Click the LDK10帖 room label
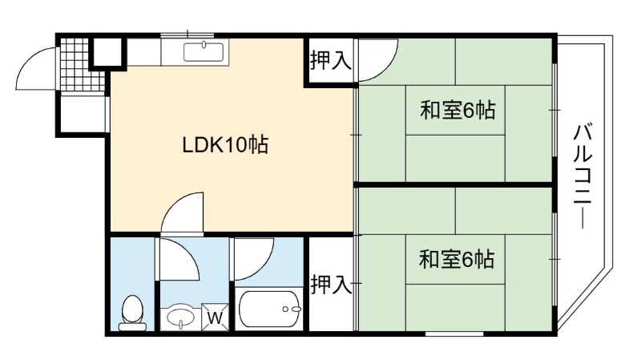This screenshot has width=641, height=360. (x=225, y=145)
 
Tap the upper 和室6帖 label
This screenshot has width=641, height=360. (x=458, y=111)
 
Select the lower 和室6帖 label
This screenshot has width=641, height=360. (x=457, y=259)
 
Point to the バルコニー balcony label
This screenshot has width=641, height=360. (x=583, y=176)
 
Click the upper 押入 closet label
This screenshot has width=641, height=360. (x=331, y=61)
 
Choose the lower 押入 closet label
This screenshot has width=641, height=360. (x=331, y=285)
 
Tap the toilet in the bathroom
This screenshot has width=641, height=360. (x=132, y=313)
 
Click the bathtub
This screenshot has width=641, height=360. (x=270, y=309)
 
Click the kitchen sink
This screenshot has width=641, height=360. (x=204, y=52)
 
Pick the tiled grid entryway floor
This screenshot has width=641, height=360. (x=83, y=65)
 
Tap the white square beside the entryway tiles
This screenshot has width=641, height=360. (x=107, y=52)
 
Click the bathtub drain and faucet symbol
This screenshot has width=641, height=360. (x=292, y=309)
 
